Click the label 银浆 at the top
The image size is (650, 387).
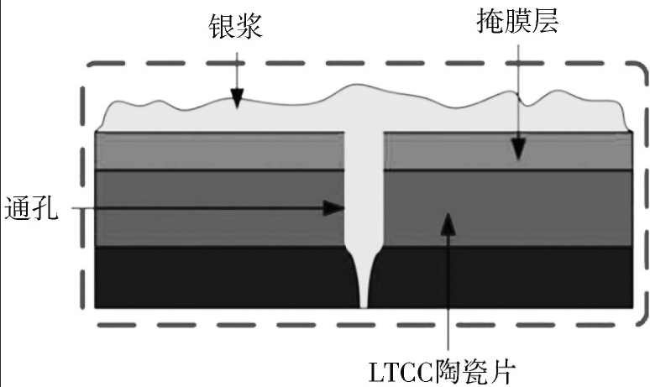pos(236,28)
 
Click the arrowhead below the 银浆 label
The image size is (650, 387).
pos(238,100)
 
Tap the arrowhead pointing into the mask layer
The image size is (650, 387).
pos(519,150)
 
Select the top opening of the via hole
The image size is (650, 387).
pos(364,134)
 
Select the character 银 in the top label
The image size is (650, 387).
pos(222,28)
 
